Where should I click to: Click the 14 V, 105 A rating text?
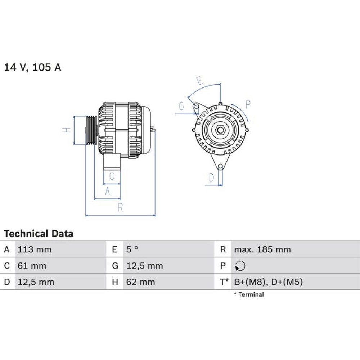pos(33,67)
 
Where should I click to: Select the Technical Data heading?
pos(39,234)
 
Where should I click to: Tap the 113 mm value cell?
pos(35,249)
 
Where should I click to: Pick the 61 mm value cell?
pos(32,266)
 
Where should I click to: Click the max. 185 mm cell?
pos(262,249)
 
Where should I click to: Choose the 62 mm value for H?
pos(141,282)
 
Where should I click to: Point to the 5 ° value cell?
pos(132,249)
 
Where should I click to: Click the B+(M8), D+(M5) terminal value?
pos(269,282)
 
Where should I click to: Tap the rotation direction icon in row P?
pos(240,266)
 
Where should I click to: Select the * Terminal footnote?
pos(249,294)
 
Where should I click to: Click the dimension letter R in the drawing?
pos(120,208)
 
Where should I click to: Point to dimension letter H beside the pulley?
pos(66,130)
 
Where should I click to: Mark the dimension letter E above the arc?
pos(200,81)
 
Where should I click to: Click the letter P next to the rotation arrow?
pos(248,104)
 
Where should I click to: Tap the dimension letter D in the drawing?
pos(211,177)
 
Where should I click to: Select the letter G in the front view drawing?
pos(181,106)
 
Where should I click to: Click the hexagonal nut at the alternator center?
pos(220,130)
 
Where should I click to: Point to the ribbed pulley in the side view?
pos(91,130)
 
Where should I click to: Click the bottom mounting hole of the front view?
pos(220,166)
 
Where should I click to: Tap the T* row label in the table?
pos(224,282)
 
